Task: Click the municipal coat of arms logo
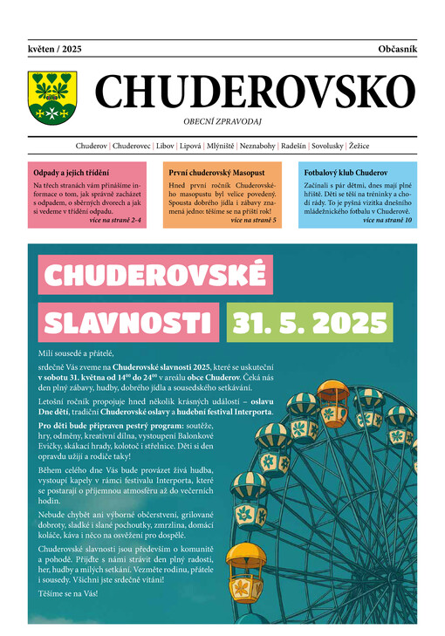click(x=52, y=97)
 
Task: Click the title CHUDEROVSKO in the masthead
click(x=254, y=92)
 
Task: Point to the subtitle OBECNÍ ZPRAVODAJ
click(x=222, y=121)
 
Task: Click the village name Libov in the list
click(x=166, y=145)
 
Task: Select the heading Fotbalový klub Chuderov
click(x=346, y=173)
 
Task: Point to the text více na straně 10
click(x=387, y=222)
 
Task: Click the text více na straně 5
click(x=254, y=222)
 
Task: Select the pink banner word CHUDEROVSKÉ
click(x=154, y=277)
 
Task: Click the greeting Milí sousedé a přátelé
click(x=76, y=352)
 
